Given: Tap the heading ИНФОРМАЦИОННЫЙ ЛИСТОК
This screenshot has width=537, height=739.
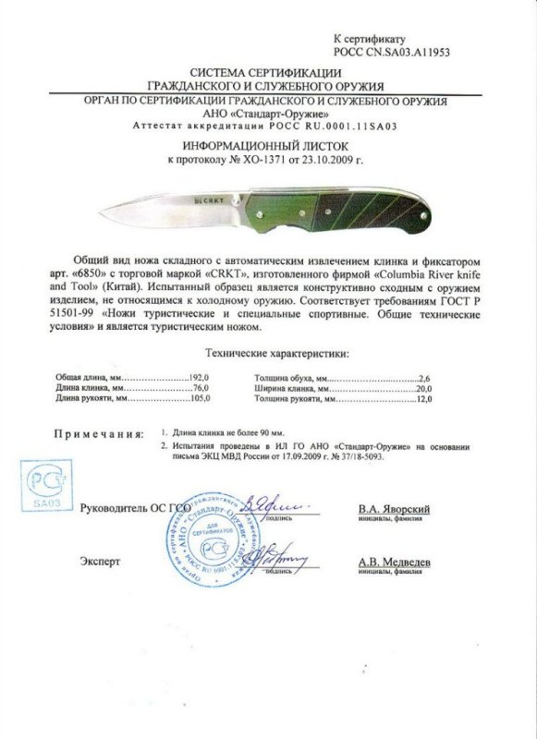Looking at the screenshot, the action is tap(269, 146).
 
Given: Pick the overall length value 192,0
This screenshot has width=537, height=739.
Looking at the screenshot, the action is tap(201, 380).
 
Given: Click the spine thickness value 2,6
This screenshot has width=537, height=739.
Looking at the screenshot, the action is tap(425, 380).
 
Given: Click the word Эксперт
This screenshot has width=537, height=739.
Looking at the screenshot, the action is tap(99, 561).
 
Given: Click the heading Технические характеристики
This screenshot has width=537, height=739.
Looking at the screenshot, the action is tap(268, 354).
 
